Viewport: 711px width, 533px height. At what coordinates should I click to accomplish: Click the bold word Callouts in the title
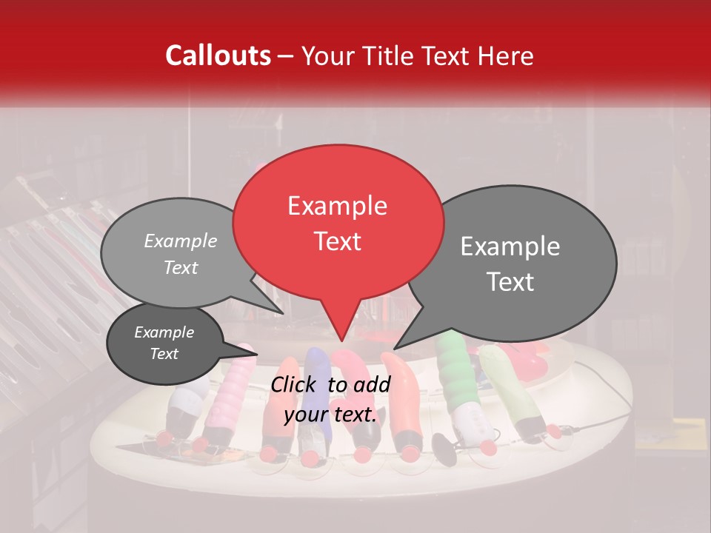[218, 56]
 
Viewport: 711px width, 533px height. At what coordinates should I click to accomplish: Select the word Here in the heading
[506, 56]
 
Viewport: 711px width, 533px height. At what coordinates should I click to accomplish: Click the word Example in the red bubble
[337, 206]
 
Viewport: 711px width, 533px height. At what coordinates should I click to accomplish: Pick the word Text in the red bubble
[337, 241]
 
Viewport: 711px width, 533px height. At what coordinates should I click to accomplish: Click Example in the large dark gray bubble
[510, 247]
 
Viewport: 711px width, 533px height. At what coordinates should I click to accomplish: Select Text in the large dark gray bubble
[510, 282]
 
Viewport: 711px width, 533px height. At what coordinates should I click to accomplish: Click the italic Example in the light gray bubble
[181, 241]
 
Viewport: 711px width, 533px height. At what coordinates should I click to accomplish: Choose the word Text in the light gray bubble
[181, 268]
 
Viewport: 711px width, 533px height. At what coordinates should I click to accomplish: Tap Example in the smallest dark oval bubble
[164, 332]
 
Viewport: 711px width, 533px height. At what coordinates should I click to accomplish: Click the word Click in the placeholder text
[296, 385]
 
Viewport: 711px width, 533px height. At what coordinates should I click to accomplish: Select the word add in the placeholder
[373, 385]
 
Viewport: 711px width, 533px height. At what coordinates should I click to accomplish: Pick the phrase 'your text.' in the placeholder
[330, 415]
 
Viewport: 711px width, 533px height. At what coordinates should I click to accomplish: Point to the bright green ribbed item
[453, 370]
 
